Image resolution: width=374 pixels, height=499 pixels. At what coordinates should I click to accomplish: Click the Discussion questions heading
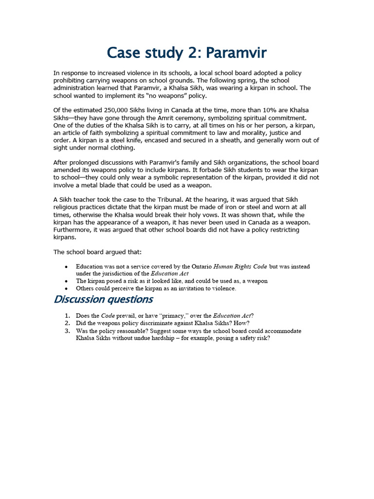103,299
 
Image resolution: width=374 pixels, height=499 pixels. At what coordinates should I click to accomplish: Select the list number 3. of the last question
68,331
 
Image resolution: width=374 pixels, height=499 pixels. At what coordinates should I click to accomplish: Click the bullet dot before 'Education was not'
66,267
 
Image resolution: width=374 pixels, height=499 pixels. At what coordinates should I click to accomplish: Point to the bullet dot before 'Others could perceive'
66,288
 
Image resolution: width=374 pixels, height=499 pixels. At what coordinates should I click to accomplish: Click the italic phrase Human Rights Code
241,267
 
